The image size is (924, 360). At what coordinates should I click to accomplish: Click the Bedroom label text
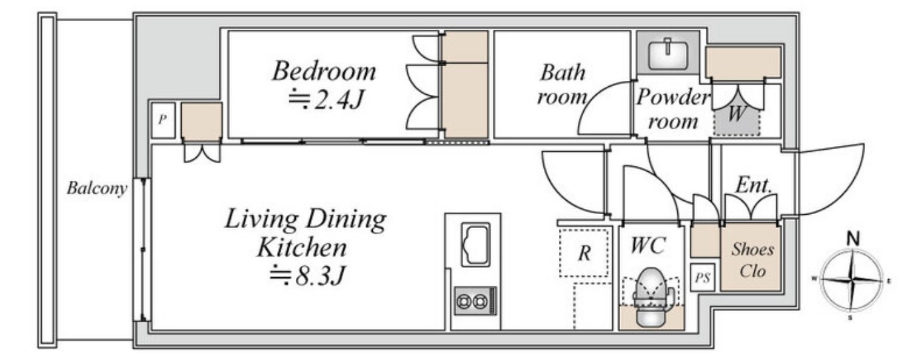tap(324, 72)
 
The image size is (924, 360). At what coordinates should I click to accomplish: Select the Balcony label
tap(97, 188)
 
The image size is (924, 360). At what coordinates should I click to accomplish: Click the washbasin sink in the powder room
tap(668, 54)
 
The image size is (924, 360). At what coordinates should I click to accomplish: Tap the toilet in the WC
tap(651, 296)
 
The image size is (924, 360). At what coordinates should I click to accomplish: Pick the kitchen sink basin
tap(475, 244)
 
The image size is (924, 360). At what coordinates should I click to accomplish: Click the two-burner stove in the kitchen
tap(475, 301)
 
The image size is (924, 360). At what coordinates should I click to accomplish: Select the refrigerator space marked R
tap(584, 253)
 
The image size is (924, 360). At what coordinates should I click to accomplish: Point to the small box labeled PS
tap(702, 278)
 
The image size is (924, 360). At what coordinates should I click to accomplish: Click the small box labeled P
tap(163, 119)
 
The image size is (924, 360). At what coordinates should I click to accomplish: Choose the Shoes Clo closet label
tap(752, 260)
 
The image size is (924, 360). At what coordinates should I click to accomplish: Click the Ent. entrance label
tap(754, 185)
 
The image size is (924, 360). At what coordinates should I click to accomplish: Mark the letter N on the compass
tap(852, 239)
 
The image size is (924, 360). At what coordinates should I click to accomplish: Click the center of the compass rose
tap(852, 280)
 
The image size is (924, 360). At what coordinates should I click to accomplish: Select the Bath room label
tap(562, 85)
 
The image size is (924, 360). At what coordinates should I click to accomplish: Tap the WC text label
tap(647, 246)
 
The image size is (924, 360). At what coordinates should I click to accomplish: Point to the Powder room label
tap(673, 109)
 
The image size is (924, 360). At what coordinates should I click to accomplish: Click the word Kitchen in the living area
tap(302, 248)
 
